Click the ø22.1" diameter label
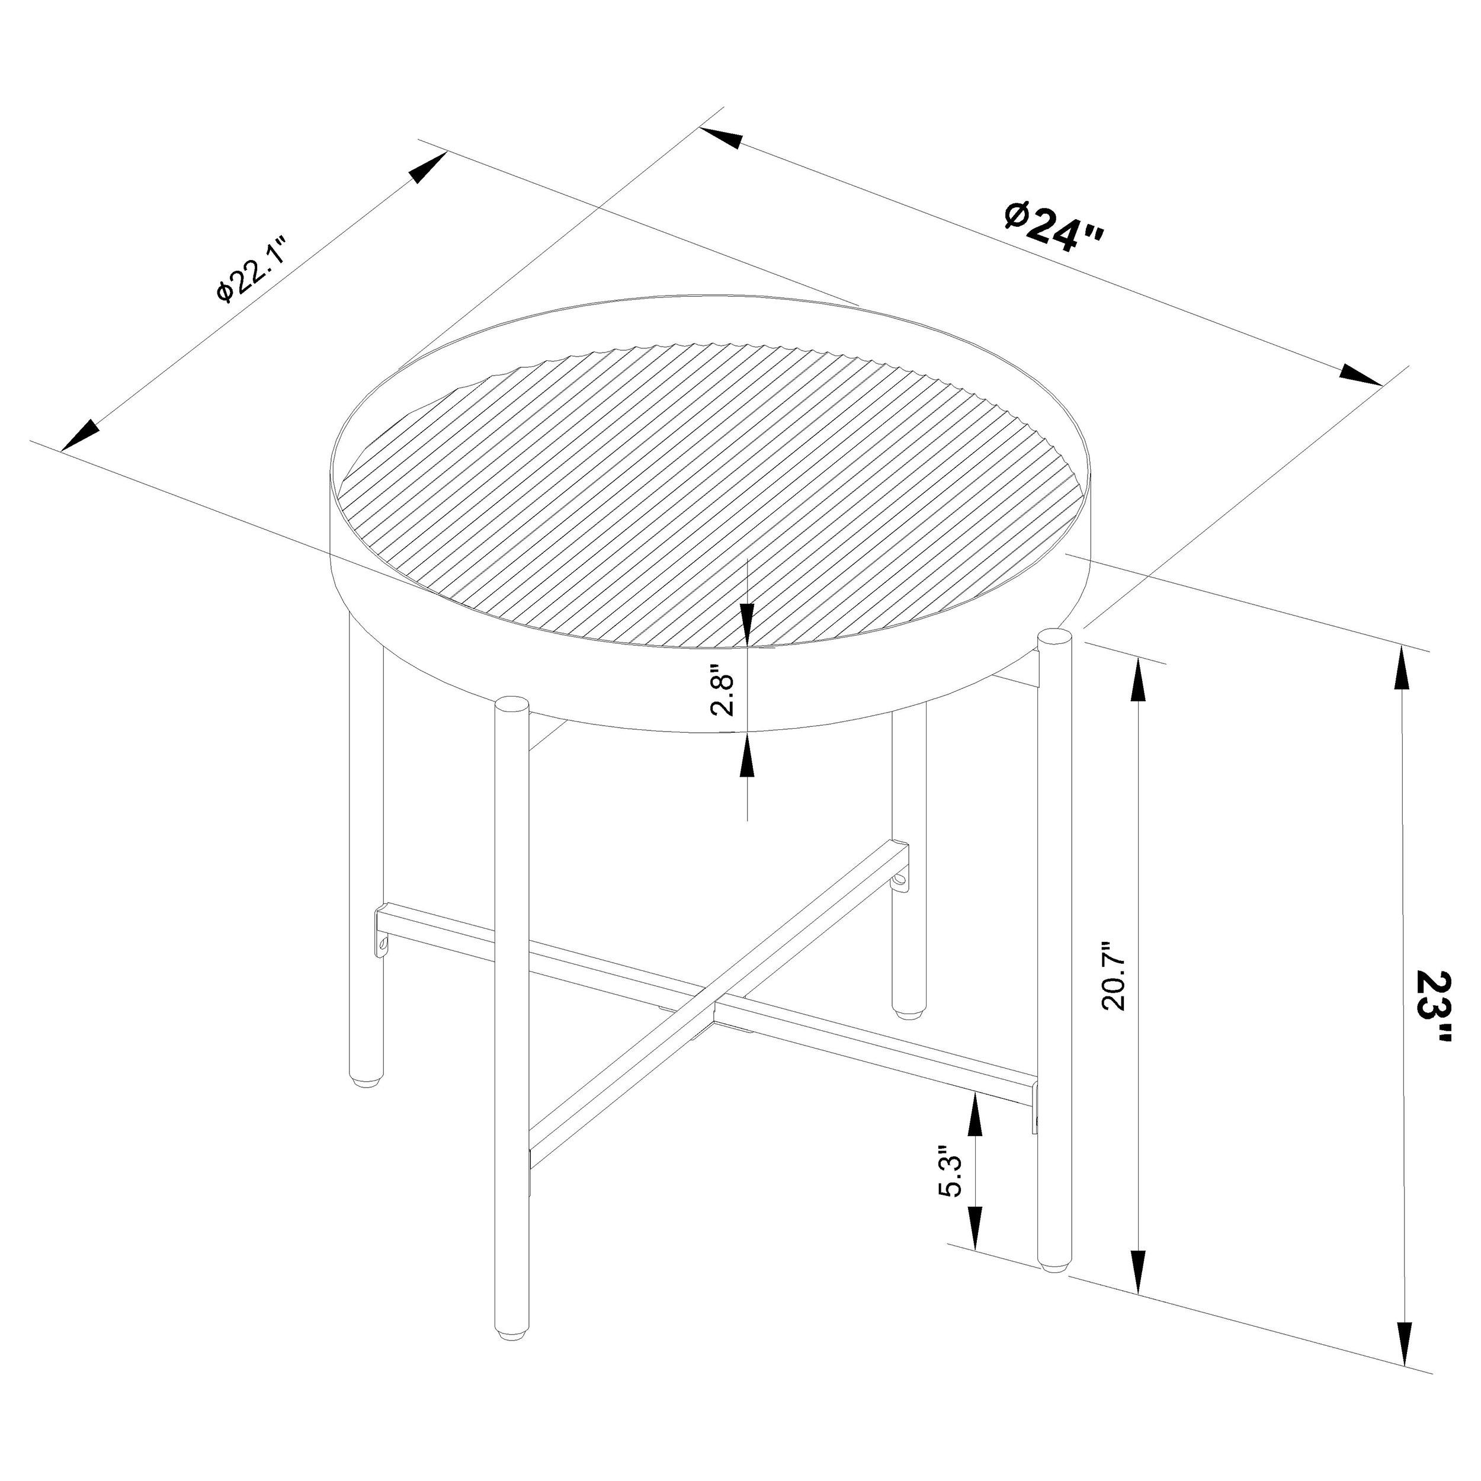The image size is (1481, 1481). [251, 271]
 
